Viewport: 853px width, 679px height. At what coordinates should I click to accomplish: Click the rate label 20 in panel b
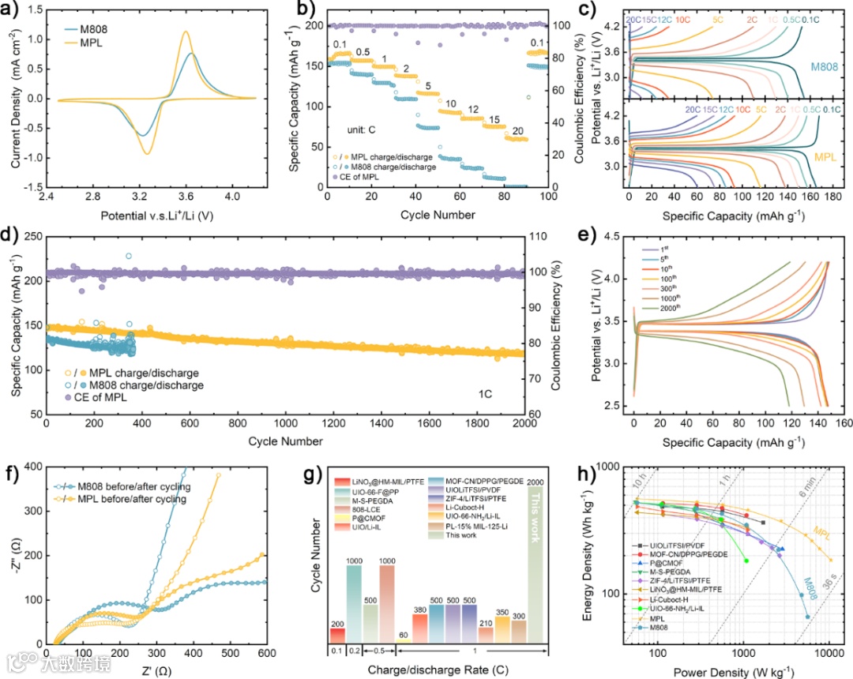click(517, 130)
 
